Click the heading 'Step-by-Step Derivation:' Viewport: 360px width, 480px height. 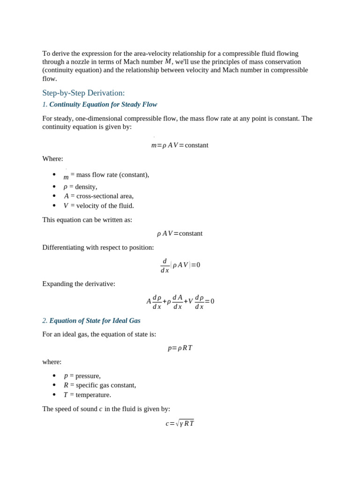coord(83,93)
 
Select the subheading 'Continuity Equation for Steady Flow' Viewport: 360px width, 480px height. coord(103,105)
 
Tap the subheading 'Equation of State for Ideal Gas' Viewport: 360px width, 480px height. coord(95,321)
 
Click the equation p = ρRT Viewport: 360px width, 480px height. coord(180,348)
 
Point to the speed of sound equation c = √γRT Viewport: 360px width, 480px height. coord(180,423)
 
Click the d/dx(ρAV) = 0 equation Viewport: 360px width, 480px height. coord(180,265)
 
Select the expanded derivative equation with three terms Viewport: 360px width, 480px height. coord(180,301)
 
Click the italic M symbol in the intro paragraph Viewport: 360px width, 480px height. coord(168,61)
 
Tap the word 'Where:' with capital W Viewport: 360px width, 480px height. coord(52,159)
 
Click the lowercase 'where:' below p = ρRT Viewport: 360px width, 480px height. coord(52,362)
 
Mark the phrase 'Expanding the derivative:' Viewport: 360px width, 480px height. coord(79,284)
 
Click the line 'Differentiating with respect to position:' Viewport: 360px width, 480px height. coord(98,247)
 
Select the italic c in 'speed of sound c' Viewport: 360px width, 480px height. coord(100,409)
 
